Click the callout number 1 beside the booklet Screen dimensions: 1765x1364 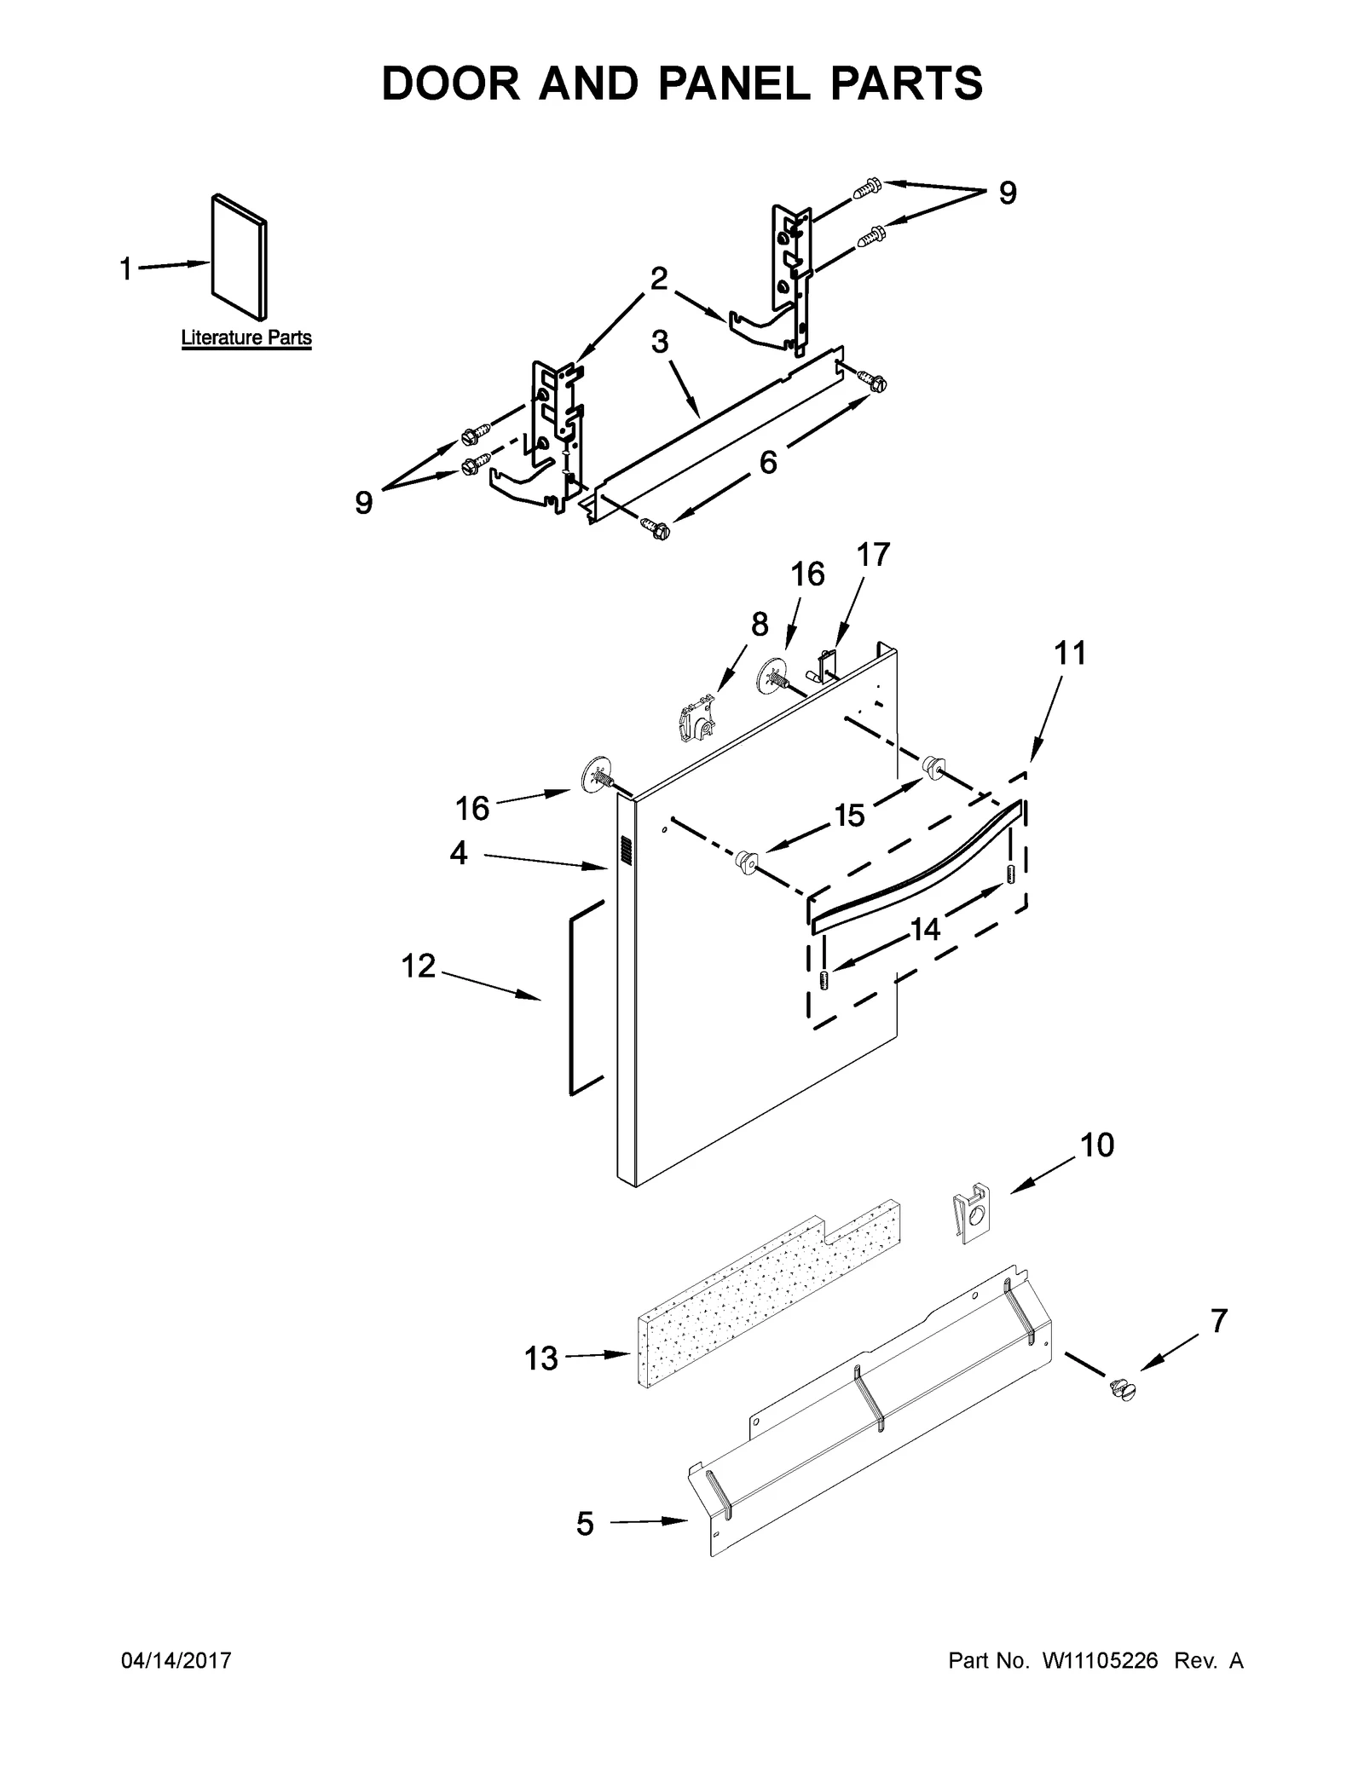coord(125,270)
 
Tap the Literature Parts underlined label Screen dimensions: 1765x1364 coord(246,337)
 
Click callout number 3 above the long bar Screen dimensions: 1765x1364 coord(660,342)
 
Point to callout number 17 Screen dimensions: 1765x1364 coord(873,554)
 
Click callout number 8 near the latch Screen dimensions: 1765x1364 coord(760,624)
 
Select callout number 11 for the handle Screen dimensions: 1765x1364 coord(1070,654)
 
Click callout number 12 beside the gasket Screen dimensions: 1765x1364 coord(419,966)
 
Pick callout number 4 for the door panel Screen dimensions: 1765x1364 coord(459,853)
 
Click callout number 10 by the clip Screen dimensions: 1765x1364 coord(1097,1145)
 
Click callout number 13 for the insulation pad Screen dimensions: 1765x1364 coord(540,1358)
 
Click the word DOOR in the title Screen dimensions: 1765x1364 coord(450,84)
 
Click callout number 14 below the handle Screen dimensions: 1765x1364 coord(925,929)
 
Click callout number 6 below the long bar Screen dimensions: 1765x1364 coord(768,462)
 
